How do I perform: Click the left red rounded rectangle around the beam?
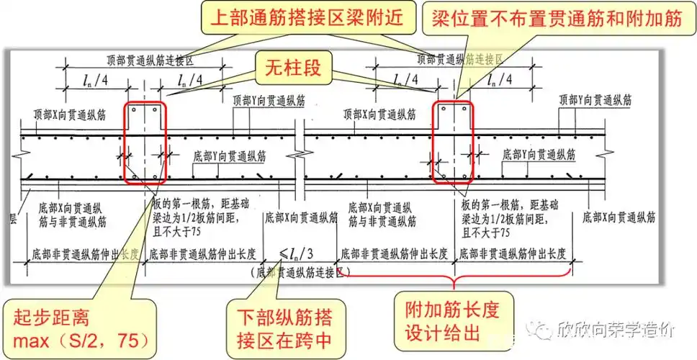[x=145, y=143]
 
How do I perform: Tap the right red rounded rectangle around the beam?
[x=453, y=143]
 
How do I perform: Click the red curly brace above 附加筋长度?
[x=452, y=277]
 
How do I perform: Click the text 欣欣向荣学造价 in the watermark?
[x=616, y=331]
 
